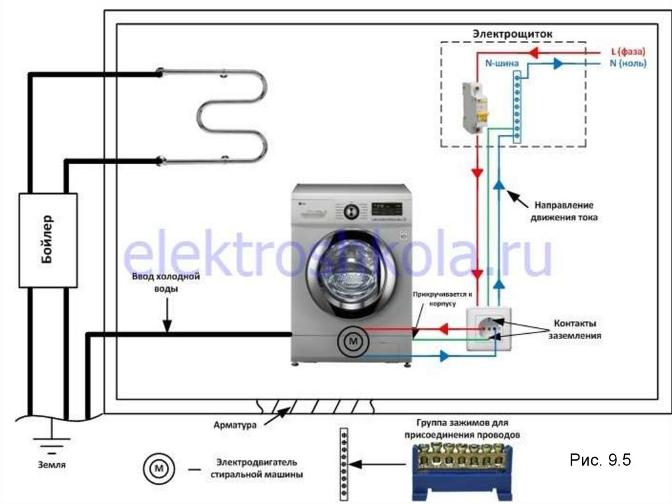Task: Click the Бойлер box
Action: (x=48, y=240)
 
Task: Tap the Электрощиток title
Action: (x=513, y=33)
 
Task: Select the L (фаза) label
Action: (x=628, y=51)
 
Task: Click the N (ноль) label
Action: (x=628, y=64)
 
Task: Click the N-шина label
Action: (x=502, y=64)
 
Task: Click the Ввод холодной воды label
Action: (x=165, y=283)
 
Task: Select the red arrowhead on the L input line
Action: (x=543, y=51)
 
